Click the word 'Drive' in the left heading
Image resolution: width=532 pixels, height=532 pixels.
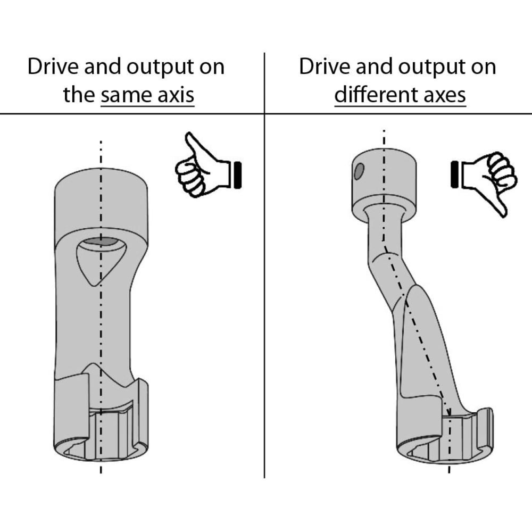click(x=51, y=67)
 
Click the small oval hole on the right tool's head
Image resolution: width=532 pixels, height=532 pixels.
click(x=359, y=170)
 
